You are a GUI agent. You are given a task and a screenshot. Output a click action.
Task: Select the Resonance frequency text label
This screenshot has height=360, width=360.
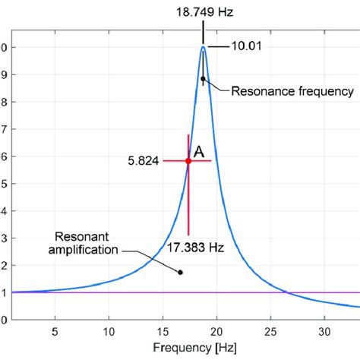pos(292,90)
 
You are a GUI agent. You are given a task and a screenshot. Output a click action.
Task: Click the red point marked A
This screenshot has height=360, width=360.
pos(188,161)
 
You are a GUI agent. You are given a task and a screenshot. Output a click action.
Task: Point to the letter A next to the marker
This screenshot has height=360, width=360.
pos(199,153)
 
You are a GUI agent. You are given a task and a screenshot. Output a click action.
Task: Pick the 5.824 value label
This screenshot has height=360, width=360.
pos(144,162)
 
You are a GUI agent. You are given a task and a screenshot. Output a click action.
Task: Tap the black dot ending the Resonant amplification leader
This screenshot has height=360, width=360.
pos(180,272)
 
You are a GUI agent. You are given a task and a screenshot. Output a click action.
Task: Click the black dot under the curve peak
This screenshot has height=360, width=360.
pos(203,78)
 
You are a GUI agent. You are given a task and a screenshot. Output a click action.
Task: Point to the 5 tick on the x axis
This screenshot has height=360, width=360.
pos(55,332)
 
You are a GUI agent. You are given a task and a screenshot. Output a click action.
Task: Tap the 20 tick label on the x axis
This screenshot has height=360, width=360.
pos(216,332)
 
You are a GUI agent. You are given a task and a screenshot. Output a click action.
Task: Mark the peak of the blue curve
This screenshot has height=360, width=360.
pos(203,47)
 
